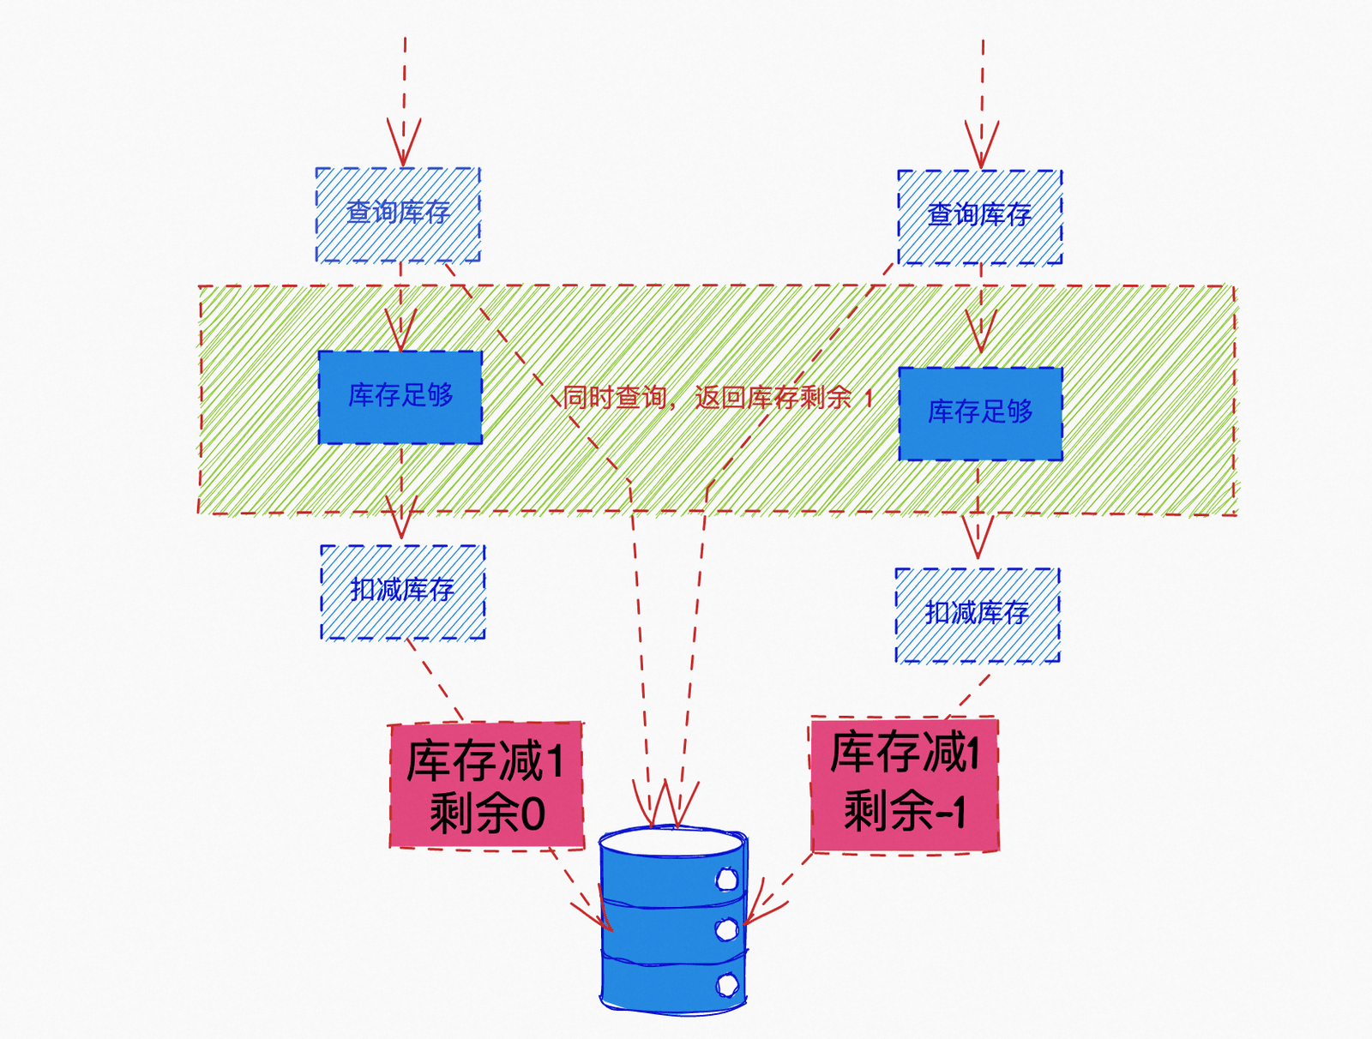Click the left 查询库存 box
[398, 214]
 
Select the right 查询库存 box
[980, 217]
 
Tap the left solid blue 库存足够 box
[400, 398]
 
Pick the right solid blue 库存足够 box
[981, 413]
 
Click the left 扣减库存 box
[403, 592]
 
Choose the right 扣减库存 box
[978, 616]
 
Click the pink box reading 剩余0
[486, 785]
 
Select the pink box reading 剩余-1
[905, 785]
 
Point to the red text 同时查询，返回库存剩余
[707, 398]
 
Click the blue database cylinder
[673, 919]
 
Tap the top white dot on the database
[726, 879]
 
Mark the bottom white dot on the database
[727, 985]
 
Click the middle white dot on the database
[726, 929]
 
